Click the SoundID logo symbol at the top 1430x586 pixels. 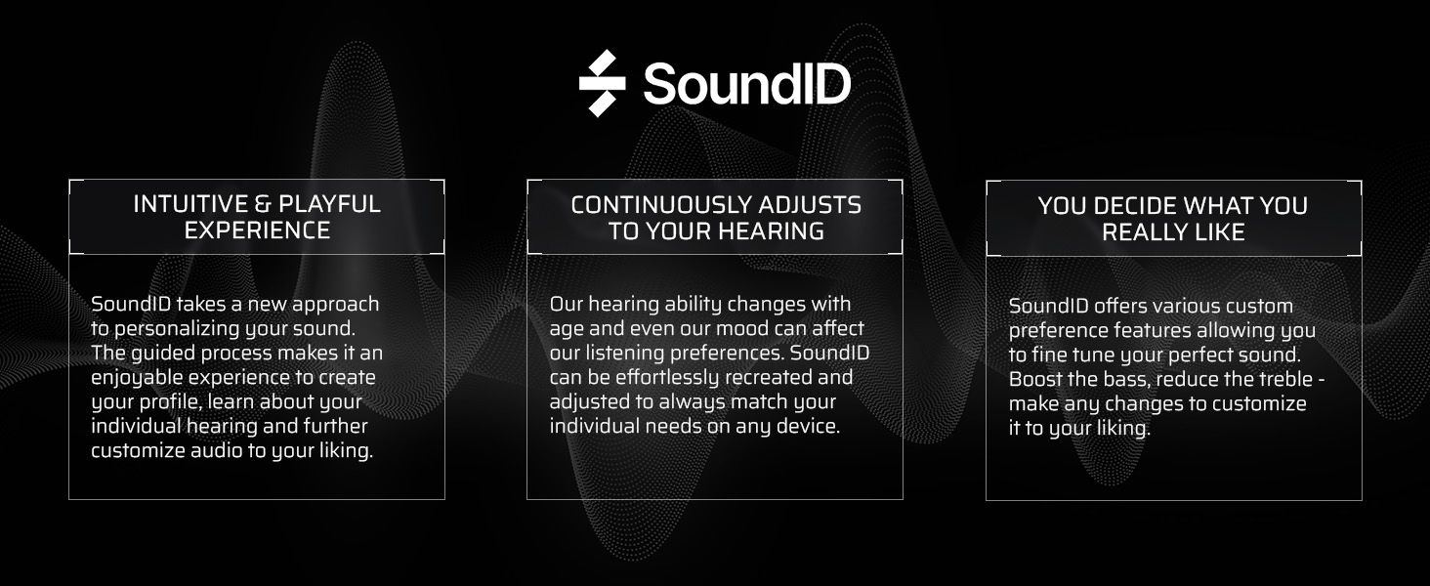[x=602, y=83]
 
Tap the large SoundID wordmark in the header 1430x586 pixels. [x=746, y=84]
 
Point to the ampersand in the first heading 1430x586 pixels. [x=264, y=204]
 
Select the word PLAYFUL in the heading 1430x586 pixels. [x=329, y=204]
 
